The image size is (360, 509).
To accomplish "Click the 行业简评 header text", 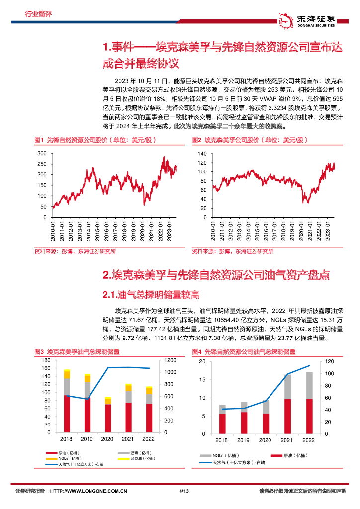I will pyautogui.click(x=38, y=14).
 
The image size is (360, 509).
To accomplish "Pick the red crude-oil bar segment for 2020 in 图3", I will pyautogui.click(x=108, y=418).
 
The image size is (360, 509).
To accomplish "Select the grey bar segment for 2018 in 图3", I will pyautogui.click(x=67, y=387).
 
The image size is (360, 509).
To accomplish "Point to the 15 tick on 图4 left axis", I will pyautogui.click(x=201, y=379).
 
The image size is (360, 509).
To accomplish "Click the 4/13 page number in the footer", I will pyautogui.click(x=183, y=505).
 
